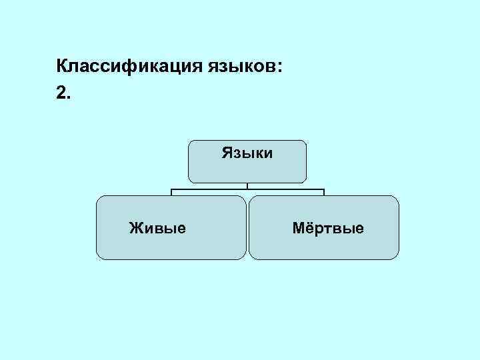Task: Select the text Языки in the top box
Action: (247, 153)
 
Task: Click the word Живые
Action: (157, 229)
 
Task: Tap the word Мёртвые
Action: (328, 229)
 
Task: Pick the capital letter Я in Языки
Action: (227, 153)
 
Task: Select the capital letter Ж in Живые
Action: (135, 229)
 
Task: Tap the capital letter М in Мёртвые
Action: (299, 229)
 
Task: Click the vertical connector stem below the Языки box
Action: (247, 186)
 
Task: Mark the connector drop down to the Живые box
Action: (171, 193)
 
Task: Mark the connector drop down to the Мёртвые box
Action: (323, 193)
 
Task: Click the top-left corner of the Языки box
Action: (190, 141)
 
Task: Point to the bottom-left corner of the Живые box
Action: (98, 257)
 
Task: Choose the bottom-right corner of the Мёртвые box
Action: (397, 257)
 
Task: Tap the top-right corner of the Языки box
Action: (305, 141)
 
